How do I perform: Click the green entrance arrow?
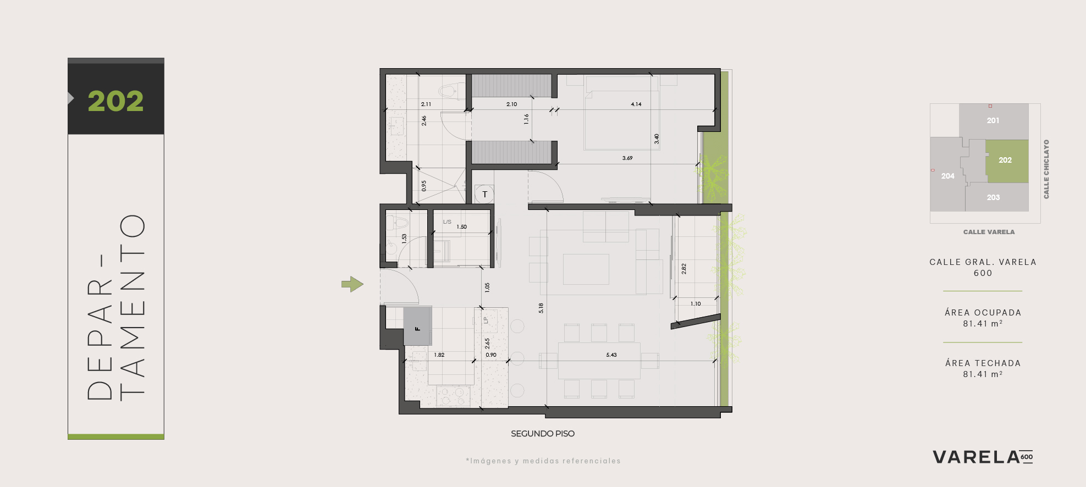tap(352, 284)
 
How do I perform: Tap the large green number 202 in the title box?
tap(115, 101)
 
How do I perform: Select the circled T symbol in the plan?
tap(484, 194)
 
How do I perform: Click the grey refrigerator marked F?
tap(417, 326)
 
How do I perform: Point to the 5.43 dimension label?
tap(611, 355)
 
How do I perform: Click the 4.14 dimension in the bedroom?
tap(636, 104)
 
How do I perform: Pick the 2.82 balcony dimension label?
tap(684, 269)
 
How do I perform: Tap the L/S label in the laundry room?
tap(447, 222)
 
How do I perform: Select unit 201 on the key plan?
tap(993, 120)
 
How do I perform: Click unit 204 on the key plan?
tap(947, 176)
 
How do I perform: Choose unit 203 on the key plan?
tap(993, 197)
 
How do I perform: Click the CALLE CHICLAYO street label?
tap(1046, 169)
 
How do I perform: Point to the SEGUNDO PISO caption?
tap(543, 434)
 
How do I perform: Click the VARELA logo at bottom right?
tap(983, 457)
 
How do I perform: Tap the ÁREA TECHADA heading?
tap(983, 363)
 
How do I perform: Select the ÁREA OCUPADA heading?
tap(983, 313)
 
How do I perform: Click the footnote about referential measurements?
tap(543, 461)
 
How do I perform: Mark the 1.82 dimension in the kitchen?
tap(439, 355)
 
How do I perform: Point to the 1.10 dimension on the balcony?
tap(696, 303)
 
